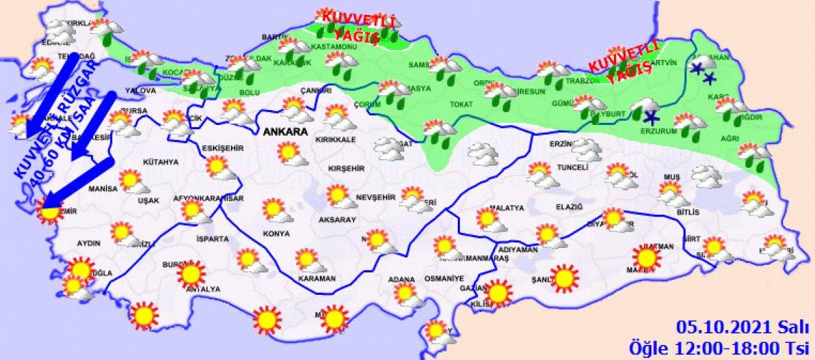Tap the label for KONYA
(x=276, y=234)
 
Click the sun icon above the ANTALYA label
(x=191, y=274)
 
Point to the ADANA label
(x=401, y=278)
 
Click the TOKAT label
(x=460, y=104)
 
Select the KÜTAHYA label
(x=161, y=162)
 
